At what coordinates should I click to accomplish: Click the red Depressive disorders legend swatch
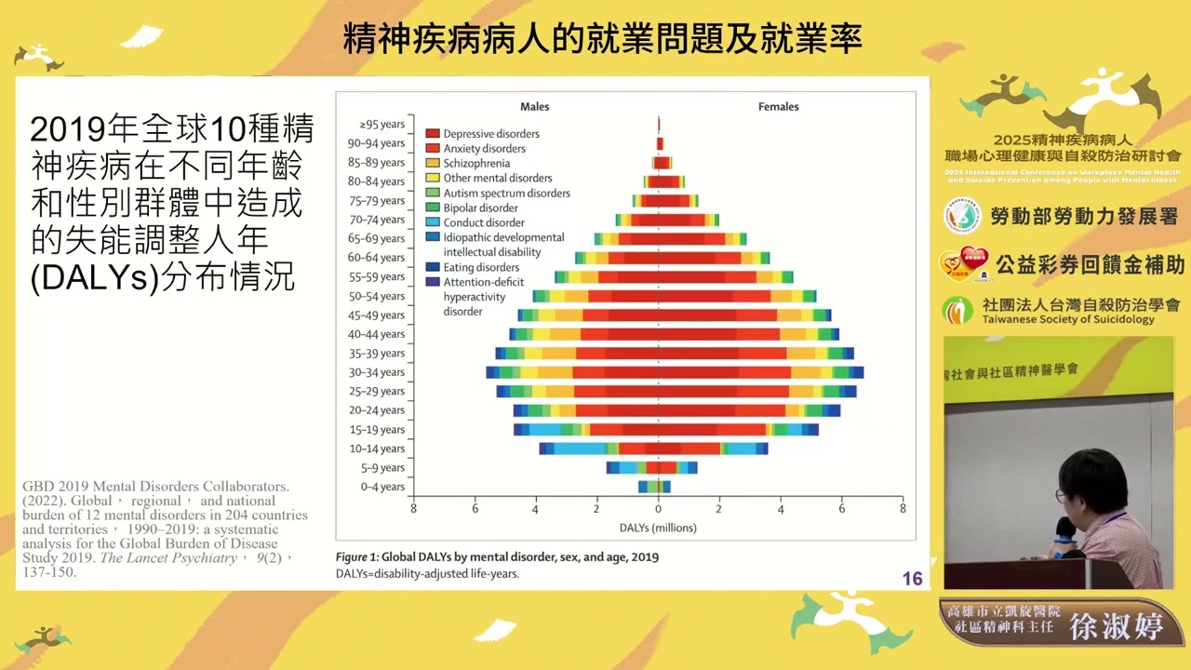point(433,134)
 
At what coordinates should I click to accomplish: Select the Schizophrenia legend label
point(476,163)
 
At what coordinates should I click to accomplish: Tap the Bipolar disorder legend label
point(480,208)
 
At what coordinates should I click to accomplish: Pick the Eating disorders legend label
point(481,267)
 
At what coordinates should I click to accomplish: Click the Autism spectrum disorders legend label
point(506,193)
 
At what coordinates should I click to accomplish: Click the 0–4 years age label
point(381,487)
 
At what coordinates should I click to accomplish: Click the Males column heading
point(534,106)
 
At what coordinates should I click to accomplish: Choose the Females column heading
point(778,106)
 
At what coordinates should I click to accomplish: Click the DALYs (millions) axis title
point(658,528)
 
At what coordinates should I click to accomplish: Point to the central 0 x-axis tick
point(658,509)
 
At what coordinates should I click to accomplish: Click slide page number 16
point(912,579)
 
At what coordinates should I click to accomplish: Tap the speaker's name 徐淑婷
point(1117,626)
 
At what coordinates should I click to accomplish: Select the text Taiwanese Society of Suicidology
point(1068,319)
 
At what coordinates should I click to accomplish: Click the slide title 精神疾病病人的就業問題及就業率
point(602,38)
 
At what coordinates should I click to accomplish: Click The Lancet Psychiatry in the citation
point(168,558)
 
